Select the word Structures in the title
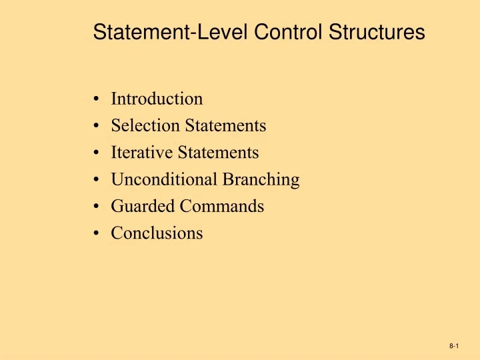tap(377, 32)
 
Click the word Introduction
tap(157, 99)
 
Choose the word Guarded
tap(136, 207)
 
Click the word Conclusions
tap(157, 233)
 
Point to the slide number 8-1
tap(455, 347)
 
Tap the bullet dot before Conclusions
tap(97, 234)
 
